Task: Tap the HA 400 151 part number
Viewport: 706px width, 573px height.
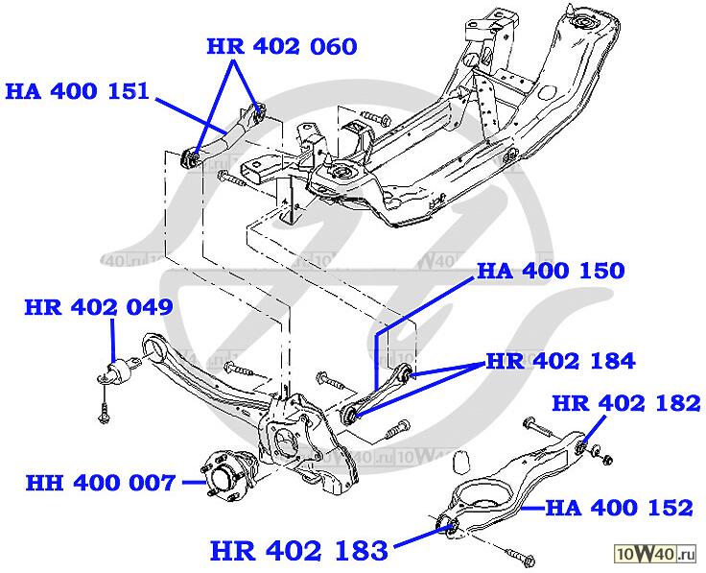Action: click(x=77, y=92)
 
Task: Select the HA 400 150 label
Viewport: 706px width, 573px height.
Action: click(x=551, y=271)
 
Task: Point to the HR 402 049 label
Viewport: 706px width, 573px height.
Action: click(x=99, y=308)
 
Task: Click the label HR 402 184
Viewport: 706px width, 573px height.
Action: click(x=560, y=362)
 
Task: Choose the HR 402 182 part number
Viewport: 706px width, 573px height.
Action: click(x=626, y=404)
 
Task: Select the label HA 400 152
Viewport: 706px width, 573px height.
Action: click(x=619, y=506)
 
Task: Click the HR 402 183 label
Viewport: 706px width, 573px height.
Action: click(x=299, y=551)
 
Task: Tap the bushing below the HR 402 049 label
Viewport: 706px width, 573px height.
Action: click(x=123, y=371)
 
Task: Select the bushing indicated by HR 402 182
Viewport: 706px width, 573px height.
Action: click(x=588, y=446)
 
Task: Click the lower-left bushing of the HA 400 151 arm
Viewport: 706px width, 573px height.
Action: click(x=191, y=155)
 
